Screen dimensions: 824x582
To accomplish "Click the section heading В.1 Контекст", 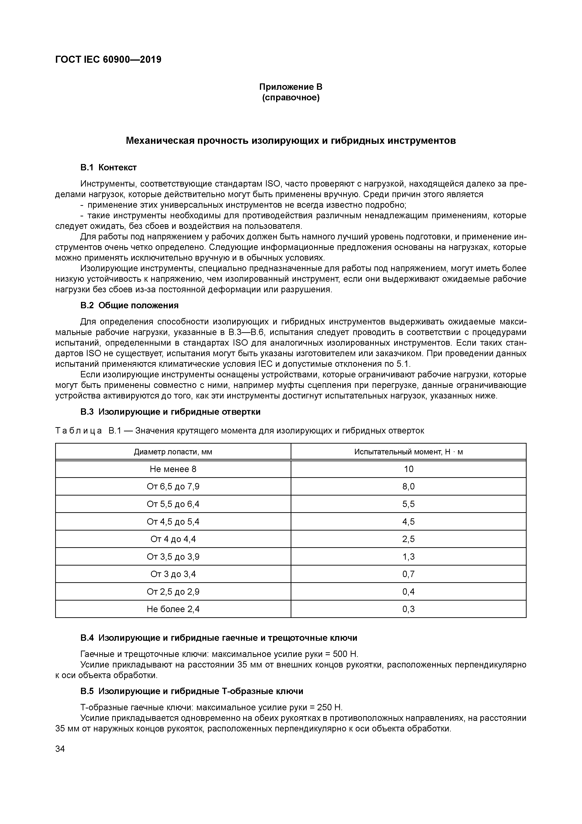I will point(108,168).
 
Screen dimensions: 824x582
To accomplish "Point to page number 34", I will point(60,749).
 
